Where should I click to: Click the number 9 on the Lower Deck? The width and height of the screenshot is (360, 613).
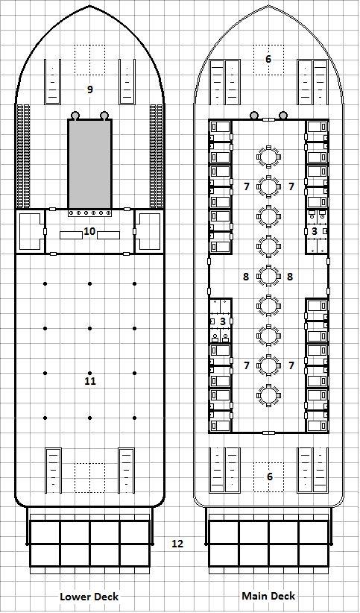point(89,89)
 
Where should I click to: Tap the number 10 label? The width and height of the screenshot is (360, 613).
point(89,231)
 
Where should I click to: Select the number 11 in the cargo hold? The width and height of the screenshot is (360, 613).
point(89,381)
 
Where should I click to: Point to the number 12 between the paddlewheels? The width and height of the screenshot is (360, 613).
point(177,544)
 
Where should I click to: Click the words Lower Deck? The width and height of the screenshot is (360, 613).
point(89,597)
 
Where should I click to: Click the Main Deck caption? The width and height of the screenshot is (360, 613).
point(268,596)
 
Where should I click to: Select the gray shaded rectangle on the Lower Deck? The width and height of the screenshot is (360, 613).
point(89,164)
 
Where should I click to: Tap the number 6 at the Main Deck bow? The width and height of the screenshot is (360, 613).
point(268,59)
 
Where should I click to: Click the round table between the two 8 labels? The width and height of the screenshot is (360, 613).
point(268,276)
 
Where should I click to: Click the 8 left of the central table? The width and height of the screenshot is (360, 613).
point(246,277)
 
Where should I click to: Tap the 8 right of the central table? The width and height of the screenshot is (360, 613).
point(290,277)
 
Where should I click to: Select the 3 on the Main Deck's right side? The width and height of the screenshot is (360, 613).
point(314,232)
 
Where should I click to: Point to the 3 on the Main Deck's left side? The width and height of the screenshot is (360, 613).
point(222,321)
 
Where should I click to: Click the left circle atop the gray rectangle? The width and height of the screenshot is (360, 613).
point(75,116)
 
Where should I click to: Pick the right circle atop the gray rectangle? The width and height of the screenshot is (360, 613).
point(104,116)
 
